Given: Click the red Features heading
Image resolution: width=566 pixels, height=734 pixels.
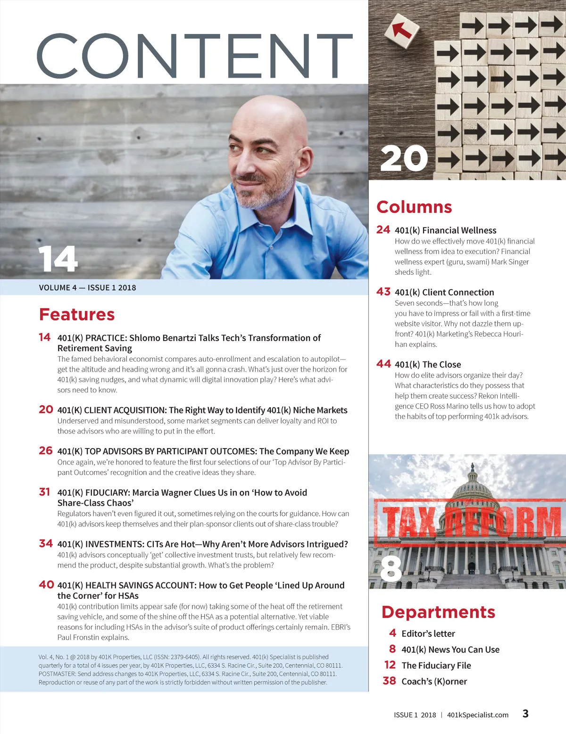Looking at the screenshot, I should pos(77,314).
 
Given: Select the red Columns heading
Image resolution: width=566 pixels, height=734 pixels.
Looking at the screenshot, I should pos(414,207).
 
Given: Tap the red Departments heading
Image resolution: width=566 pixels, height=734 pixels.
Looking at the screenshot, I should pos(438,612).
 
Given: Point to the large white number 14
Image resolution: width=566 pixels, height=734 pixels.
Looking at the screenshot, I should pos(58,259).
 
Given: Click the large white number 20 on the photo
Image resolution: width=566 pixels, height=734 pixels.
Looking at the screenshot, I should pos(404,158).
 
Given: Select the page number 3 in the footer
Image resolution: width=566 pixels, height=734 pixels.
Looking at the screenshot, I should pos(525,713).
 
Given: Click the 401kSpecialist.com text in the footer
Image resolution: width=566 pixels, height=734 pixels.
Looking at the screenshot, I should pos(477,715).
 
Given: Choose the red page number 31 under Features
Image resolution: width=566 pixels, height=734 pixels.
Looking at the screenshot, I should pos(45,492).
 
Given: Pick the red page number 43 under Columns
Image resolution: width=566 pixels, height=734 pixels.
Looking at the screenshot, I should pos(383,292).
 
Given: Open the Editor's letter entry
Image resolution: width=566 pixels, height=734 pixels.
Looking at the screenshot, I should pos(428,634).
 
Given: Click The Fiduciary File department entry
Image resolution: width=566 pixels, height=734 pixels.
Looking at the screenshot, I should pos(436,665).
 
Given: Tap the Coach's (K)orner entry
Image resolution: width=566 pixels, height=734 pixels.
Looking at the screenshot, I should pos(434,681).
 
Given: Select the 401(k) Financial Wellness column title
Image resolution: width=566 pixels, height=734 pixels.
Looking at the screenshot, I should pos(445,230).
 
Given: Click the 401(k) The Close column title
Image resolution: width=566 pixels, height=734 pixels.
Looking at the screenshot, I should pos(428,364).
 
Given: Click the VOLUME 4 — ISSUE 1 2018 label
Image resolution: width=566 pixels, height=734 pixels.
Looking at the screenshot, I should pos(87,287).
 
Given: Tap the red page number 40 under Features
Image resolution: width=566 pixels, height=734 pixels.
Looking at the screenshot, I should pos(46,585).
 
